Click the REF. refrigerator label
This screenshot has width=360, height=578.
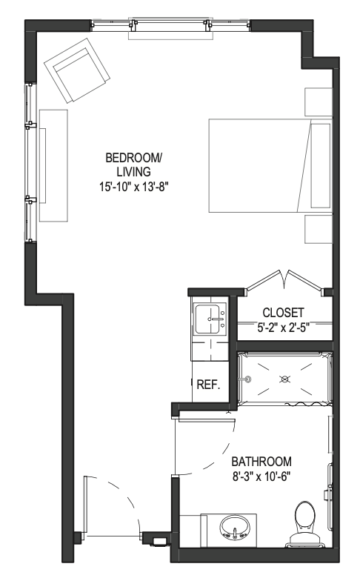click(x=208, y=385)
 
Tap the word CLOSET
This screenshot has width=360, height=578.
click(x=283, y=313)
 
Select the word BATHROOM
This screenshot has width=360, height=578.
click(x=261, y=461)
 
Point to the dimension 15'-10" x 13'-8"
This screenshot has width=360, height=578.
click(x=133, y=187)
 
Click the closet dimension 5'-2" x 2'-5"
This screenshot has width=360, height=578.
click(x=283, y=327)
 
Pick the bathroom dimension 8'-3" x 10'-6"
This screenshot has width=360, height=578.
click(x=261, y=476)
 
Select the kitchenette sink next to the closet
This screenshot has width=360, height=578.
click(x=210, y=319)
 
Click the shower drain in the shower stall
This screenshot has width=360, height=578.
click(x=284, y=379)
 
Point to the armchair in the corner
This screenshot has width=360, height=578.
click(x=77, y=70)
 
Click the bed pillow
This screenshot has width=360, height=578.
click(x=321, y=165)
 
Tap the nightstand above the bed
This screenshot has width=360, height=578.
click(x=319, y=102)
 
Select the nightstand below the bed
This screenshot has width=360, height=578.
click(x=319, y=229)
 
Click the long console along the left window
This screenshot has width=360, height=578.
click(x=53, y=165)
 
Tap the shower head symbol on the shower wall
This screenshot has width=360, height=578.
click(x=248, y=379)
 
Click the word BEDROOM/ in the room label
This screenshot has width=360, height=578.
click(x=133, y=158)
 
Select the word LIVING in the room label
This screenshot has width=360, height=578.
click(x=133, y=172)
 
